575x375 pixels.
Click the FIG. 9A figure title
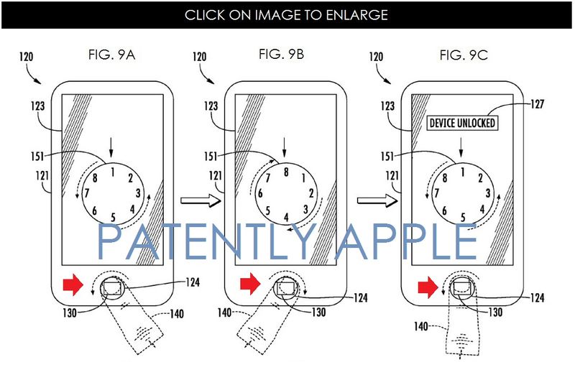click(x=112, y=55)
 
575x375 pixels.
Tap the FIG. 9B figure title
click(x=281, y=55)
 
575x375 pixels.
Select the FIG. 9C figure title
click(x=464, y=55)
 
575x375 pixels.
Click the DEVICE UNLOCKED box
click(x=462, y=123)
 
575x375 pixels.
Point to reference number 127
click(x=537, y=104)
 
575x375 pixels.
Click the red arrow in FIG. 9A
click(x=73, y=284)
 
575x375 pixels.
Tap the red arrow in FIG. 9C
click(x=428, y=287)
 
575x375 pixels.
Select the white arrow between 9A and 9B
click(x=201, y=200)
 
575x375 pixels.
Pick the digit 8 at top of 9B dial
click(x=286, y=172)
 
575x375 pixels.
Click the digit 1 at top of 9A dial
click(x=113, y=172)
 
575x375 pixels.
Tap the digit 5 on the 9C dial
click(x=463, y=218)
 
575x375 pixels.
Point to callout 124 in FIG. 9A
click(x=193, y=282)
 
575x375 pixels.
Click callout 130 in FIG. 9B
click(x=318, y=312)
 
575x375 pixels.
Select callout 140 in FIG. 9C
click(x=420, y=326)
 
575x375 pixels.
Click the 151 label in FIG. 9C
click(x=387, y=157)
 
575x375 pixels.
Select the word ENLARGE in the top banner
click(x=356, y=14)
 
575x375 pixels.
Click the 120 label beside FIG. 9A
click(x=26, y=57)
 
